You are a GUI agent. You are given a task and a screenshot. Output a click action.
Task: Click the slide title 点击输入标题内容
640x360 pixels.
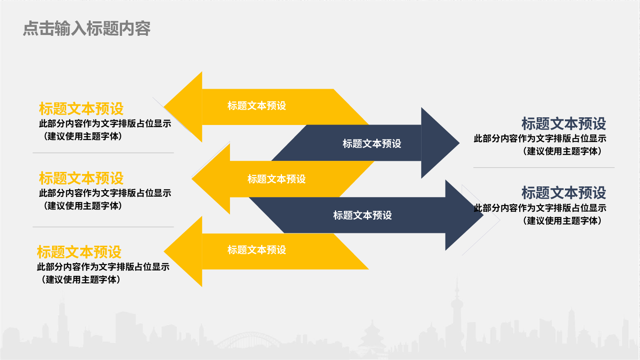pyautogui.click(x=87, y=29)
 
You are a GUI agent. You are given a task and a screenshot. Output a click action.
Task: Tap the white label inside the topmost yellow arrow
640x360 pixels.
pyautogui.click(x=256, y=106)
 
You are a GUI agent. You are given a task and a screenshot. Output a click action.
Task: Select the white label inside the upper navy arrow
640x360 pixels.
pyautogui.click(x=372, y=144)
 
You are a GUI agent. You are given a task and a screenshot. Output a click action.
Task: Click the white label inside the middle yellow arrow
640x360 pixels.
pyautogui.click(x=276, y=179)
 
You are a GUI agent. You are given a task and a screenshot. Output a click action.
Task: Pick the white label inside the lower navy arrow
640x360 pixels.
pyautogui.click(x=362, y=215)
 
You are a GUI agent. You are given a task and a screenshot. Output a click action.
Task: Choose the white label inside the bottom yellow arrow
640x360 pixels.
pyautogui.click(x=256, y=250)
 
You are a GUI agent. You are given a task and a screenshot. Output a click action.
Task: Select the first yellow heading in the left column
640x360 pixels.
pyautogui.click(x=81, y=109)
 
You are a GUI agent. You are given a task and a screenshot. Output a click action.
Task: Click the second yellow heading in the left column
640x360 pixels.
pyautogui.click(x=81, y=178)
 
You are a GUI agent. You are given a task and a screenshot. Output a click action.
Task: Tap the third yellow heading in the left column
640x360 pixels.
pyautogui.click(x=79, y=252)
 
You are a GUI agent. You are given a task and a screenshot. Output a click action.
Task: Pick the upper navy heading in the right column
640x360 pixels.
pyautogui.click(x=564, y=123)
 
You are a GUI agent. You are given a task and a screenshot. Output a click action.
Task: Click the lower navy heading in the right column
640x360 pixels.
pyautogui.click(x=564, y=192)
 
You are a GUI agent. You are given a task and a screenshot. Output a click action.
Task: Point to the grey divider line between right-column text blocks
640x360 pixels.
pyautogui.click(x=544, y=168)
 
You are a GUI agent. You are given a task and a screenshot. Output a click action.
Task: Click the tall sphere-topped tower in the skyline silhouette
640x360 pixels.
pyautogui.click(x=457, y=314)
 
